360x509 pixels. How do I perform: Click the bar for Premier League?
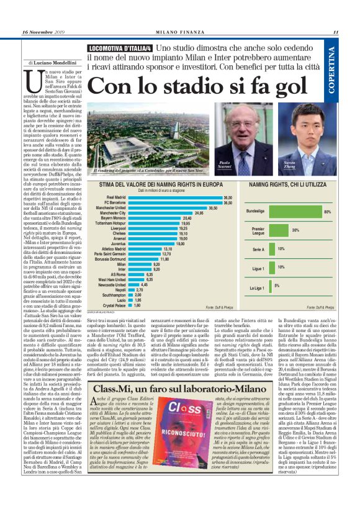[278, 230]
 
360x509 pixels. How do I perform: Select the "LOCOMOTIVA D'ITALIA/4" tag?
[120, 48]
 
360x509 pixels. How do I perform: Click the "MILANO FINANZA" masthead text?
[180, 33]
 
